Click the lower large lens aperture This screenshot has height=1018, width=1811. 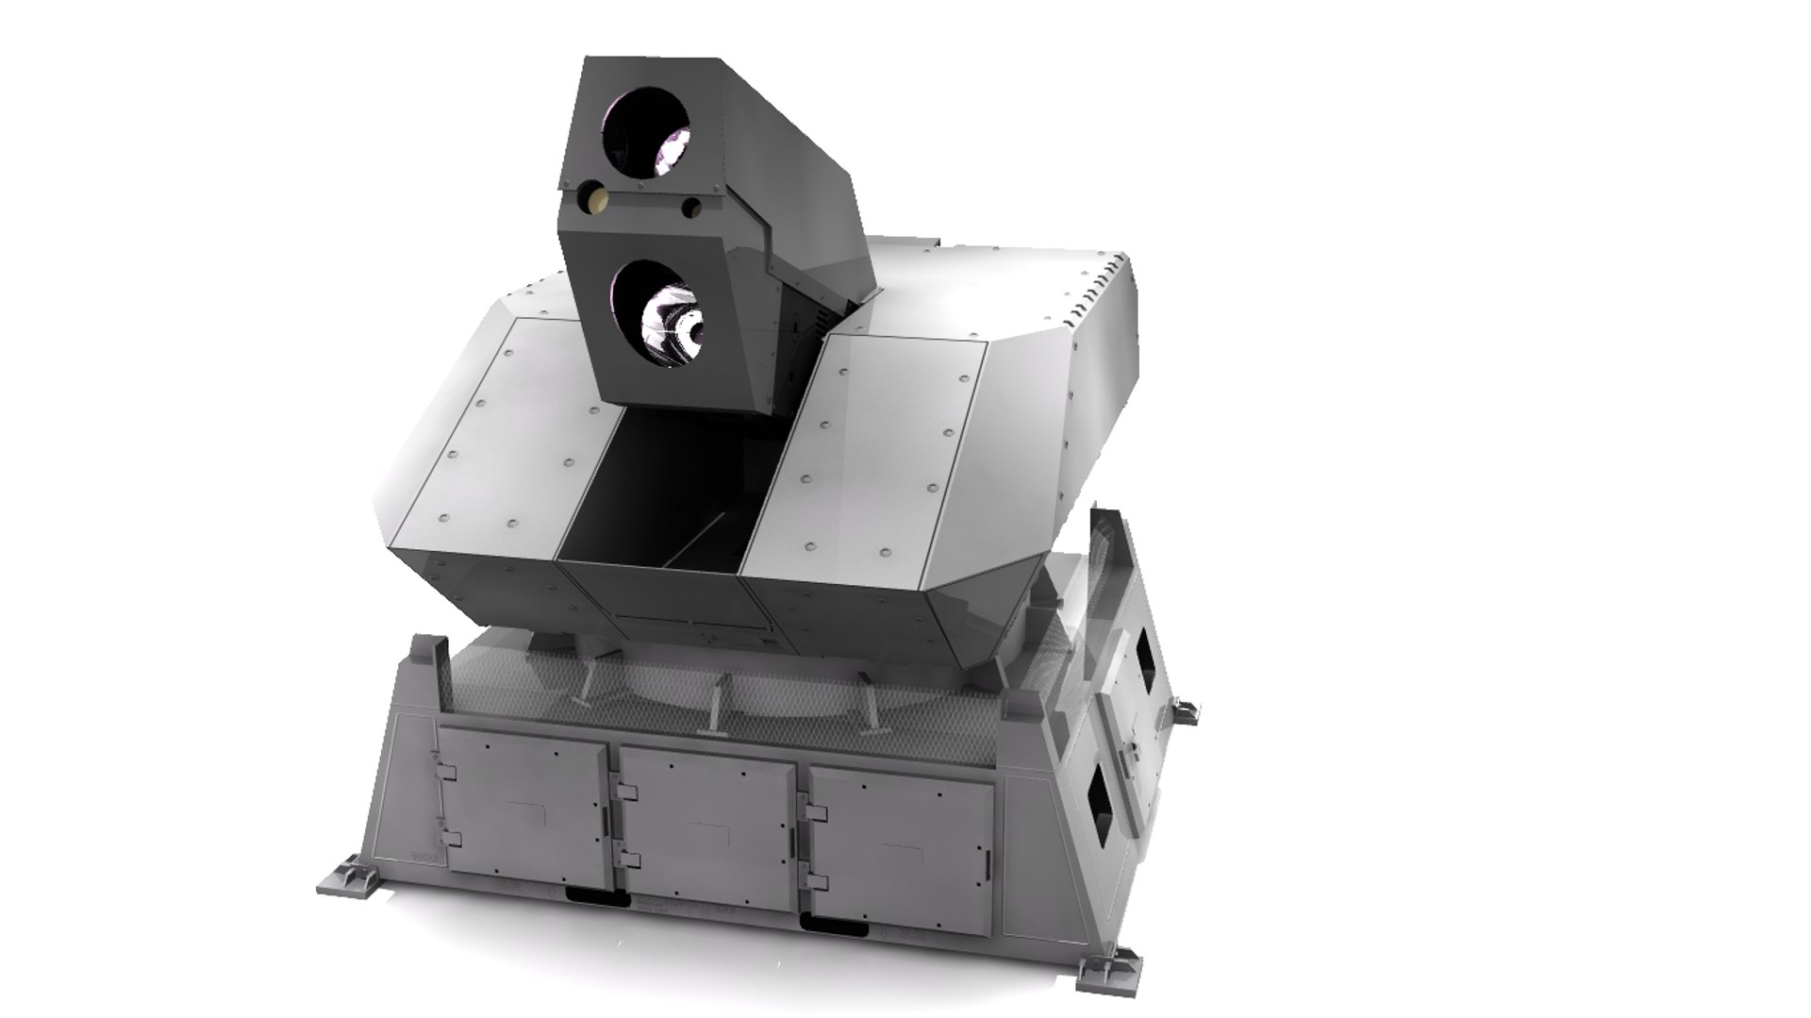click(653, 314)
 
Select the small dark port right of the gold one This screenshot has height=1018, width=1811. click(692, 207)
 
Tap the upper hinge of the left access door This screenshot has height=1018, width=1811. click(449, 773)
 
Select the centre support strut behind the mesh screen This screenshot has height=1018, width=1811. click(716, 703)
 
